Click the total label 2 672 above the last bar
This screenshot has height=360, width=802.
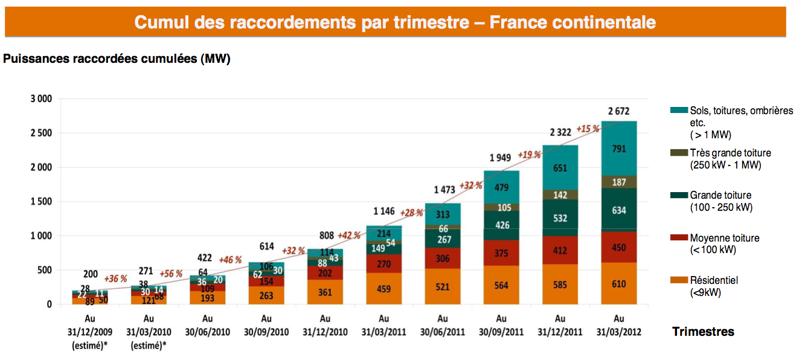pyautogui.click(x=619, y=111)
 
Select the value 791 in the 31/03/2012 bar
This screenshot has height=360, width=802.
pyautogui.click(x=619, y=149)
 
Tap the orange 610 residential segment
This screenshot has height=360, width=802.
pyautogui.click(x=619, y=284)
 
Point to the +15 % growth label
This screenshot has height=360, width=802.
pyautogui.click(x=588, y=129)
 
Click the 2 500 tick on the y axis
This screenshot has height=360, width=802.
pyautogui.click(x=40, y=132)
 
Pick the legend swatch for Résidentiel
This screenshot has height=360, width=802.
pyautogui.click(x=679, y=280)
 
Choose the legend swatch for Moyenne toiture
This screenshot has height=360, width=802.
pyautogui.click(x=679, y=238)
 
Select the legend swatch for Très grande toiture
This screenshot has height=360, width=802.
pyautogui.click(x=679, y=153)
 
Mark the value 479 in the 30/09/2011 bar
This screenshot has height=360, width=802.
pyautogui.click(x=501, y=188)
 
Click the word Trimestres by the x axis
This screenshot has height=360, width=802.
pyautogui.click(x=703, y=332)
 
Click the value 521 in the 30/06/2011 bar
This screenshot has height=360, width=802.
pyautogui.click(x=442, y=287)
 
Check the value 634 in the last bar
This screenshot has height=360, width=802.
pyautogui.click(x=619, y=210)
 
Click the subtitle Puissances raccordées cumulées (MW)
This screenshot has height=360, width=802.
pyautogui.click(x=117, y=59)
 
